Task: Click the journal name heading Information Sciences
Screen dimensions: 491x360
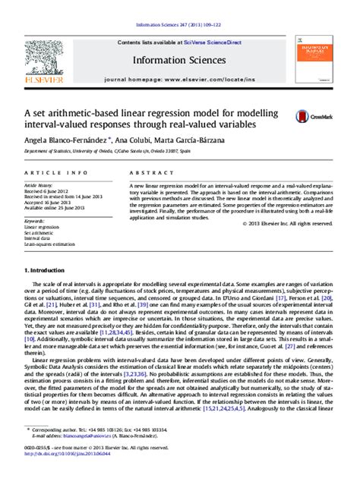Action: point(180,59)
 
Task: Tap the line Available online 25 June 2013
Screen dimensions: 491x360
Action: point(54,209)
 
